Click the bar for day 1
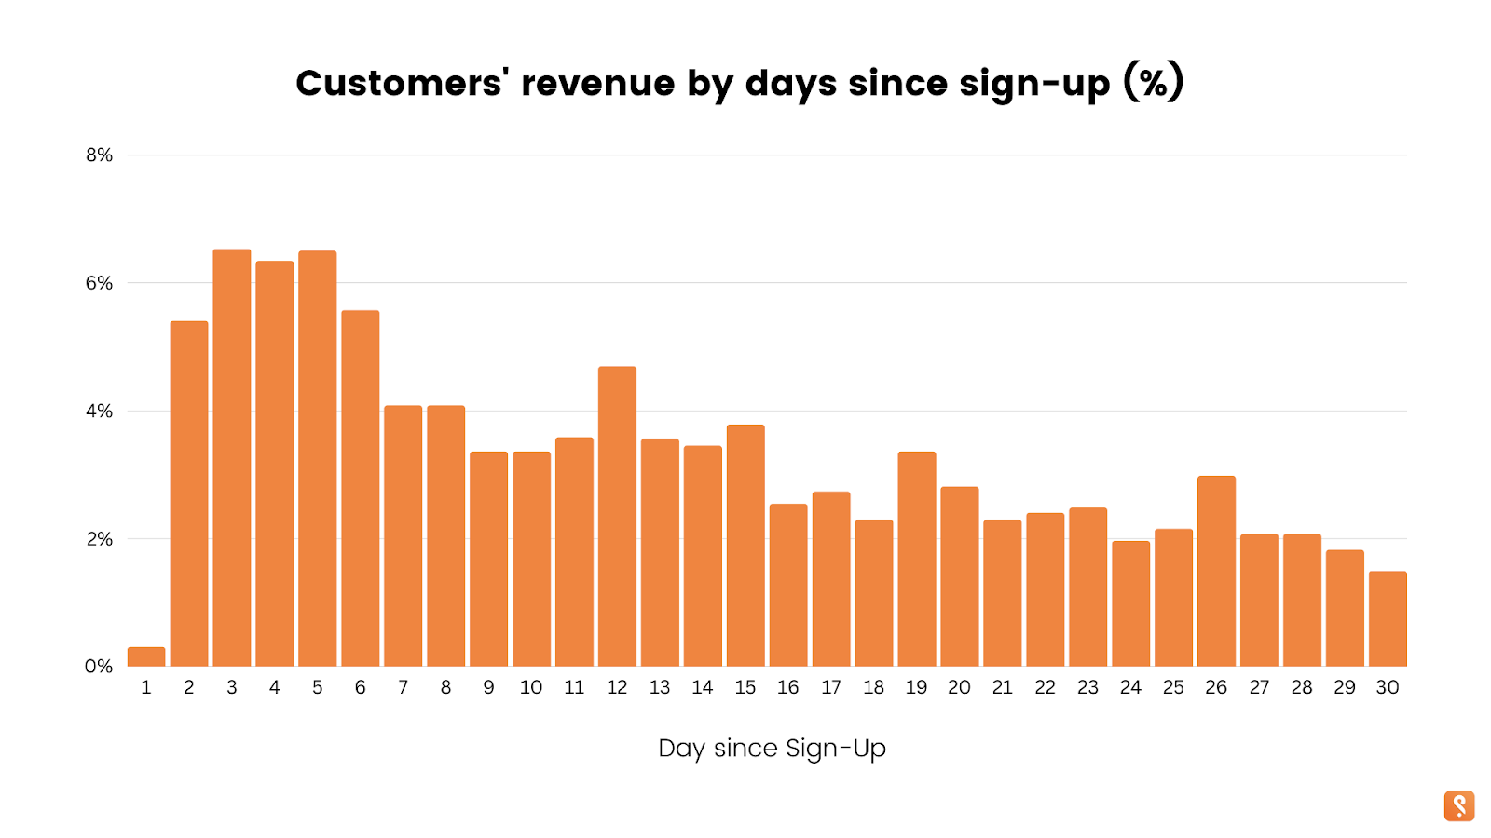pos(146,656)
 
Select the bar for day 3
pos(232,457)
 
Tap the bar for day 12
pos(617,516)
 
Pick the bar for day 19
pos(917,559)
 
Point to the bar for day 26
pos(1216,571)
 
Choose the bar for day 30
pos(1388,618)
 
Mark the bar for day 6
pos(361,488)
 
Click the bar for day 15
pos(745,545)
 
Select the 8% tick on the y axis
pos(99,155)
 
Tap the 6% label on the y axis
pos(99,283)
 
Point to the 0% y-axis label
pos(99,667)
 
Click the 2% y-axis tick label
pos(99,539)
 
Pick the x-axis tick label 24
pos(1130,687)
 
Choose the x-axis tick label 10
pos(531,687)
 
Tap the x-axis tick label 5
pos(318,687)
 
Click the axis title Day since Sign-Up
pos(772,749)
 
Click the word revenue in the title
pos(598,84)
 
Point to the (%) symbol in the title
pos(1153,83)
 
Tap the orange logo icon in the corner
pos(1459,805)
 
